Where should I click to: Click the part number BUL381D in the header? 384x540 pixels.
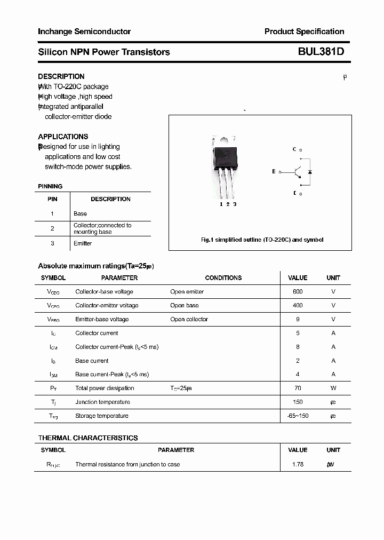coord(317,52)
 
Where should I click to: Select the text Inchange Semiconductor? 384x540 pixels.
coord(84,31)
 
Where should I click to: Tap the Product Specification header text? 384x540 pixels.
coord(304,31)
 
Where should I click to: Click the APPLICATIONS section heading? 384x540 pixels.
coord(63,137)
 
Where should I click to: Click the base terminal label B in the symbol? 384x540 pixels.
coord(274,172)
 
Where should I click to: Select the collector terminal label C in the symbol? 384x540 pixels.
coord(294,150)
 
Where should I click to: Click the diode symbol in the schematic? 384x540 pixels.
coord(310,172)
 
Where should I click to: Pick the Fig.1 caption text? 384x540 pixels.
coord(262,240)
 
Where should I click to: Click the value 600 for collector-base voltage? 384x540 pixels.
coord(298,292)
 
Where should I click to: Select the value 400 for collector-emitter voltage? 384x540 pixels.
coord(298,305)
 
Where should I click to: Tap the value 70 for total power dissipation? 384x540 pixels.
coord(298,388)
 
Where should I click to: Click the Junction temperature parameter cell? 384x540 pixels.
coord(102,402)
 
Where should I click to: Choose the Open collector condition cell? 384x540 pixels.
coord(189,319)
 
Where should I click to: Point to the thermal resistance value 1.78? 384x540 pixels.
coord(298,464)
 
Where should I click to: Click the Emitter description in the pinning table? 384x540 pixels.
coord(83,243)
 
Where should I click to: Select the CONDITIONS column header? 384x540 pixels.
coord(223,278)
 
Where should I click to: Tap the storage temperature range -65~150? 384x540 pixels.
coord(298,416)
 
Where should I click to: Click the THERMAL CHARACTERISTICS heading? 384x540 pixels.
coord(88,438)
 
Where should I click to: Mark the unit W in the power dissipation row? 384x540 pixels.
coord(333,388)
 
